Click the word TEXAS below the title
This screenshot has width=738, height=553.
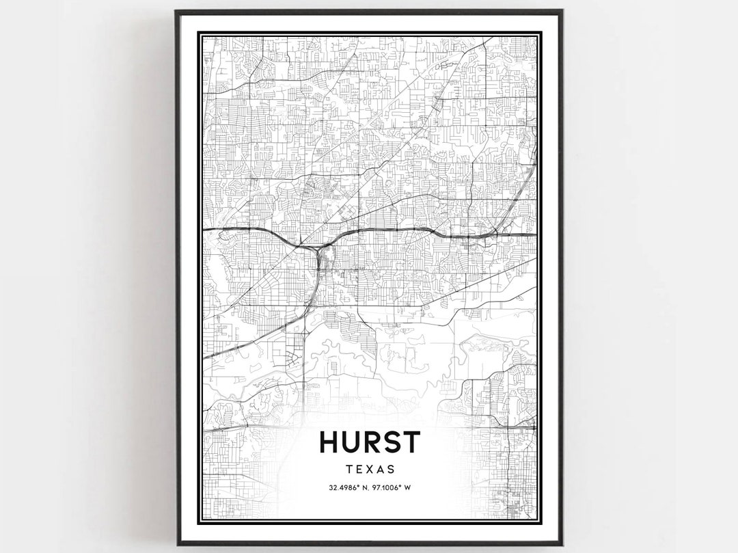click(370, 470)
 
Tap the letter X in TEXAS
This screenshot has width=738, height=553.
click(370, 470)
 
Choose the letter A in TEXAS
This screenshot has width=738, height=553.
click(381, 470)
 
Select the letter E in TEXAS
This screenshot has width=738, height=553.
click(359, 470)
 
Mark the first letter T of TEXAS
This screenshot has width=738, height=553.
click(349, 470)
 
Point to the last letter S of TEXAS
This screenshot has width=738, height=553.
click(391, 470)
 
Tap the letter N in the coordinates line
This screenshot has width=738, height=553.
click(366, 488)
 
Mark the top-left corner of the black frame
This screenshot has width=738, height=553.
click(176, 12)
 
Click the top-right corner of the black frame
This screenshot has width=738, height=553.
click(561, 12)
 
